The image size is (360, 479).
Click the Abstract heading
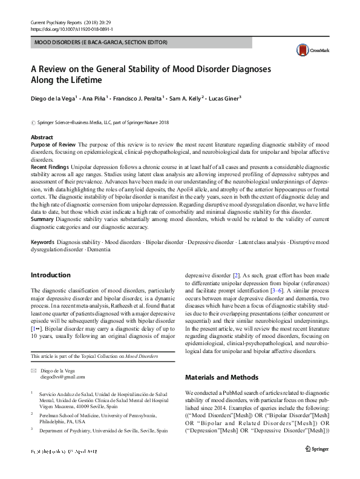pos(42,138)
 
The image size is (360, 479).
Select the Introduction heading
pos(50,275)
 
